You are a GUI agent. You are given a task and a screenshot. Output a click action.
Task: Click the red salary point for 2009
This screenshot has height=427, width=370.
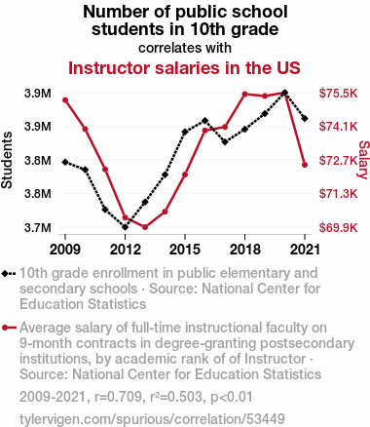click(x=65, y=100)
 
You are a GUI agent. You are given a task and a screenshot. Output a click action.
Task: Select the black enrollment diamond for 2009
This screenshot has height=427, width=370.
click(x=65, y=162)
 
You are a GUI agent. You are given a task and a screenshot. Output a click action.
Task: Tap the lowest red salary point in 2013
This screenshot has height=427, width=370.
click(x=145, y=227)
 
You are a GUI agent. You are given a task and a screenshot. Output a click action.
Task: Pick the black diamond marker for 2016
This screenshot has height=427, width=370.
click(x=204, y=121)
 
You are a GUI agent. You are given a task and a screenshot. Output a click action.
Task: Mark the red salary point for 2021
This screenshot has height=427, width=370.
click(x=305, y=165)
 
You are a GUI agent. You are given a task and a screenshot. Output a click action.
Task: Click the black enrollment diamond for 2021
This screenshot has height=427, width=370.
click(x=305, y=119)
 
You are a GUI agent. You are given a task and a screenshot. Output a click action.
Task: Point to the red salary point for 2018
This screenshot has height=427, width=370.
click(x=244, y=95)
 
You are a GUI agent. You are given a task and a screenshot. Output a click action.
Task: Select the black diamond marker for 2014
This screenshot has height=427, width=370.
click(x=165, y=175)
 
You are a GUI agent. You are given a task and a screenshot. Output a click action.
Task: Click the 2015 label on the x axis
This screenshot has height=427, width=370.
click(x=185, y=250)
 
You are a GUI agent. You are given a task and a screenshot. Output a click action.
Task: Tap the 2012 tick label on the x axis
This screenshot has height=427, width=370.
click(x=126, y=250)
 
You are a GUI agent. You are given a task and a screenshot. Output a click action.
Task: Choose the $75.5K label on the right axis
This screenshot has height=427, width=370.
click(x=338, y=94)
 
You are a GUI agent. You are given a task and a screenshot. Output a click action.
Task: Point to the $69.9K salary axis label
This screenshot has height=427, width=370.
click(x=338, y=228)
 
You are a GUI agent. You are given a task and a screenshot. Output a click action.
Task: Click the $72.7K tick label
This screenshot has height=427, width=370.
click(x=338, y=160)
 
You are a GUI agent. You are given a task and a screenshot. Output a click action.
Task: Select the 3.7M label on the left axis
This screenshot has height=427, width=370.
click(x=38, y=228)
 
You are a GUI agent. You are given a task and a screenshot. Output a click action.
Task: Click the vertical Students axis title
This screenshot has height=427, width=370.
click(x=7, y=160)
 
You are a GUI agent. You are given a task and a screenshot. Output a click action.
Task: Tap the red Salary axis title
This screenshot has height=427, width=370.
click(x=364, y=160)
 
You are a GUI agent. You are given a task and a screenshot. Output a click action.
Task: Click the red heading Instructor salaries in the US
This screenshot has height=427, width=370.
click(x=184, y=68)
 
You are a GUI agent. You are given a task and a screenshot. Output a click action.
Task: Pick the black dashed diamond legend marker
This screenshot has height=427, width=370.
click(x=9, y=274)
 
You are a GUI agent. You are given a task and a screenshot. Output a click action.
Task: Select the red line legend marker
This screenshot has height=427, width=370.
click(x=9, y=328)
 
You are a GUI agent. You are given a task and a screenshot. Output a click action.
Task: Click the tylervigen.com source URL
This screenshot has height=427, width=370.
click(x=152, y=419)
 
